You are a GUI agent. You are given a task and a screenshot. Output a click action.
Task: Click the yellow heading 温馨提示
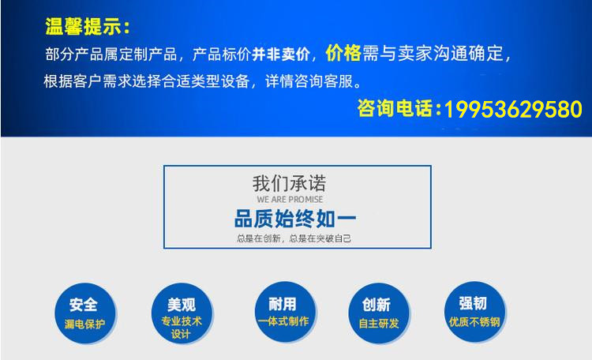click(x=84, y=26)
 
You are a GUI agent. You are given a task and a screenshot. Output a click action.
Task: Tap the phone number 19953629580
click(x=513, y=110)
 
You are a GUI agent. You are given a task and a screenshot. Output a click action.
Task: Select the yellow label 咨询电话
click(x=395, y=108)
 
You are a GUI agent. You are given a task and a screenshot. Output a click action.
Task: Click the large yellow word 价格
click(x=343, y=53)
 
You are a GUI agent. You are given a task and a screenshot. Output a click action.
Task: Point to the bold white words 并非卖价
click(x=280, y=54)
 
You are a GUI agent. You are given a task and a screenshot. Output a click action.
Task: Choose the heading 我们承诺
click(x=289, y=184)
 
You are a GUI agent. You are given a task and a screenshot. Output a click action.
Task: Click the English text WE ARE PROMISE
click(x=290, y=200)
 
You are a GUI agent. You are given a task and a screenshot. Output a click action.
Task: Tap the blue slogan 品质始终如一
click(x=295, y=219)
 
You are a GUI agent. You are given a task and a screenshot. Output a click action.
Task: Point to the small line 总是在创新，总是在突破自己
click(x=294, y=238)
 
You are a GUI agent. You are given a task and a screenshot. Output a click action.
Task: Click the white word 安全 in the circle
click(x=84, y=305)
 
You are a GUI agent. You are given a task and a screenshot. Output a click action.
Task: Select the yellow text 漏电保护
click(x=84, y=324)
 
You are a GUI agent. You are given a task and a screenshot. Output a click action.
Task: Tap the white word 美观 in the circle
click(x=182, y=305)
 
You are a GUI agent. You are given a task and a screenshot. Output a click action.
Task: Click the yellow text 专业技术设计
click(x=182, y=328)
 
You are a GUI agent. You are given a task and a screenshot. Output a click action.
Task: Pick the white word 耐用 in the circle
click(x=283, y=304)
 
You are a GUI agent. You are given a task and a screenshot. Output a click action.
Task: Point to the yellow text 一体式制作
click(x=283, y=321)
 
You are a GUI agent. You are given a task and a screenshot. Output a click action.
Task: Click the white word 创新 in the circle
click(x=376, y=305)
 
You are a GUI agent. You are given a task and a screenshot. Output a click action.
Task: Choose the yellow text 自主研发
click(x=379, y=324)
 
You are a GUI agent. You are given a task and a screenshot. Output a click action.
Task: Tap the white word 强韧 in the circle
click(x=473, y=303)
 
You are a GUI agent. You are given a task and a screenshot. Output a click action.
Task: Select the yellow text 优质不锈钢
click(x=474, y=322)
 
